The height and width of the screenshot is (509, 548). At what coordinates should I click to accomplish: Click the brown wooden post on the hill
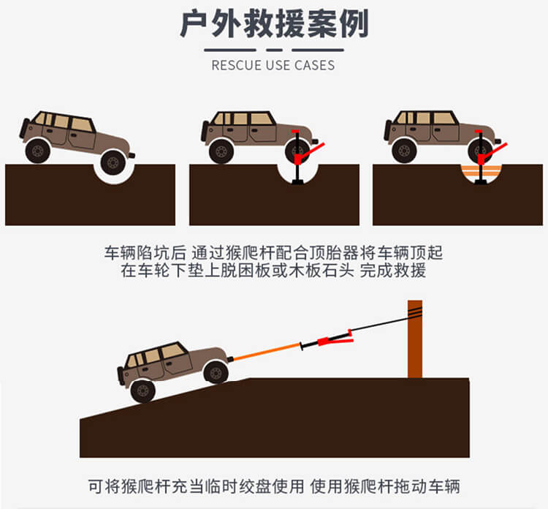(x=415, y=339)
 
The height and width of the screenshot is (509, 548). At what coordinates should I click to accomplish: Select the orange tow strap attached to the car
(x=267, y=352)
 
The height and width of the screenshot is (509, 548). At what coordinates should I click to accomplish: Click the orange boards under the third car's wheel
(x=481, y=170)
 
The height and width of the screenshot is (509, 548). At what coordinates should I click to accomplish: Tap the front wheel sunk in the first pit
(x=113, y=162)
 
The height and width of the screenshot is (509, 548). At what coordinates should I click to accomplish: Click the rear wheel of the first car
(x=38, y=151)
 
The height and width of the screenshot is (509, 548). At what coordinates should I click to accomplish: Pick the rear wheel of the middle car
(x=221, y=151)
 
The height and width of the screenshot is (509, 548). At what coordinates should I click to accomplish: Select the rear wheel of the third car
(x=404, y=151)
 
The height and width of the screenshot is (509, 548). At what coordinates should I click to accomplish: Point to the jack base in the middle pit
(x=297, y=181)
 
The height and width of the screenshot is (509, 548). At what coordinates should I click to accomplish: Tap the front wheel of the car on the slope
(x=216, y=372)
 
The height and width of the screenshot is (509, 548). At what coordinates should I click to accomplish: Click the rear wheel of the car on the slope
(x=142, y=391)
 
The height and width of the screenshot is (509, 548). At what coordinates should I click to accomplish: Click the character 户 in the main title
(x=194, y=24)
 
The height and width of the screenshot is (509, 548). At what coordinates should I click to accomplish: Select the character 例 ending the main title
(x=354, y=24)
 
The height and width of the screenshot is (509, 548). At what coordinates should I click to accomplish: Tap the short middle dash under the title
(x=274, y=50)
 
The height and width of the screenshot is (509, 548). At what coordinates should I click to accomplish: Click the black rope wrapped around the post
(x=415, y=310)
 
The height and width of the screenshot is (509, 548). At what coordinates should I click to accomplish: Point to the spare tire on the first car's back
(x=24, y=128)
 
